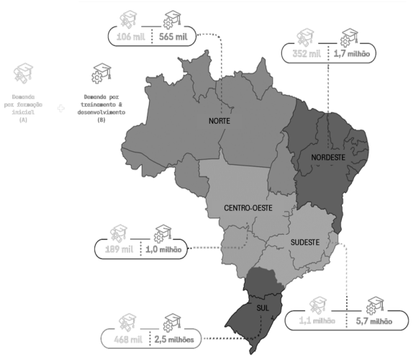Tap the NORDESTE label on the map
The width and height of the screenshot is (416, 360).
[x=329, y=158]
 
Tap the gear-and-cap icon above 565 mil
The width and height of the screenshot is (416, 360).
[x=173, y=18]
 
